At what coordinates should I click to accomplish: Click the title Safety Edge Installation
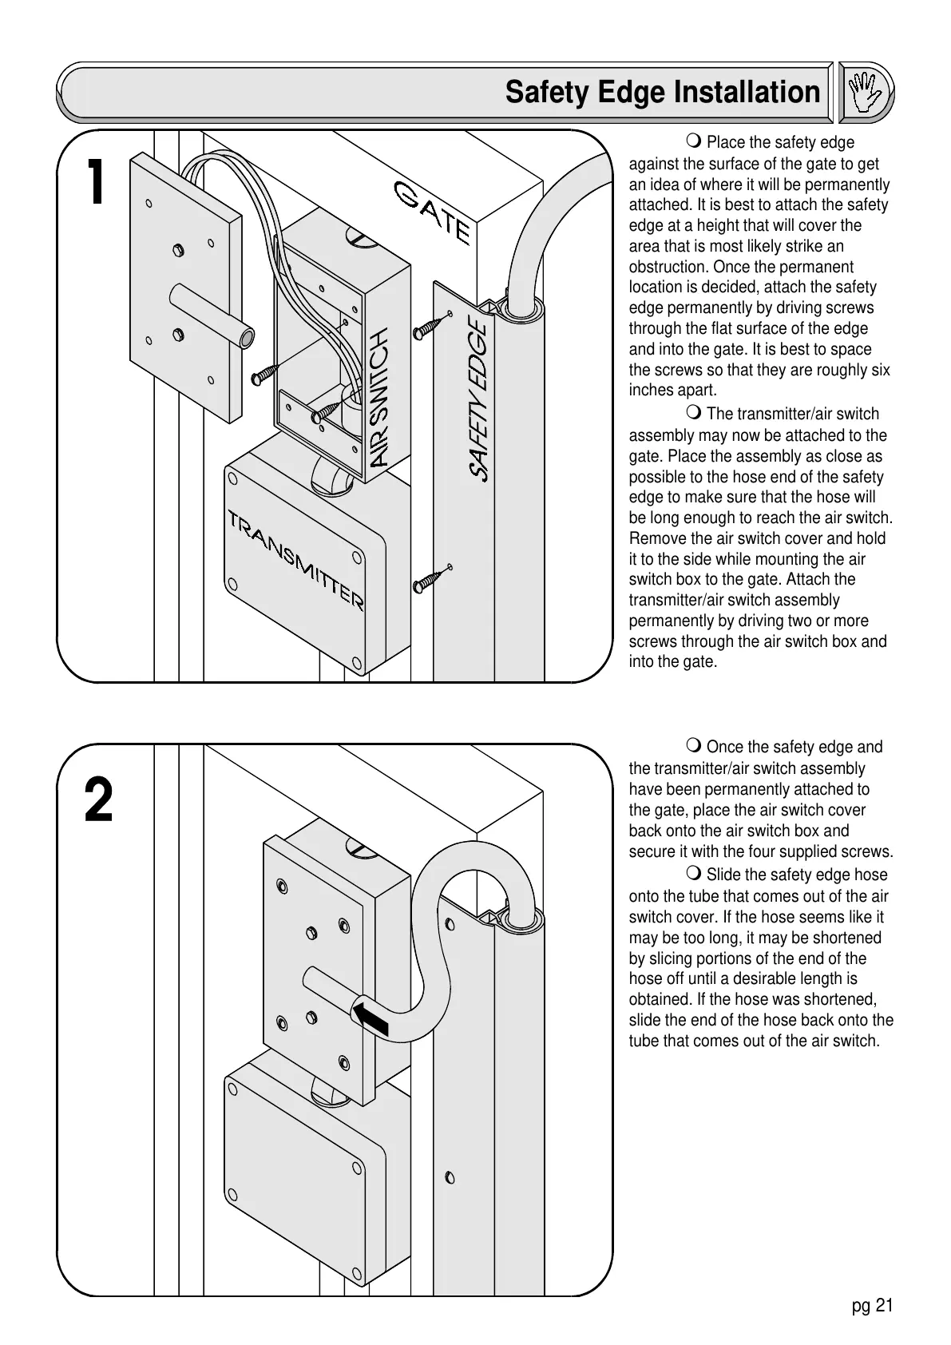tap(662, 92)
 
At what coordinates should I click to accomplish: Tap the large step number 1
tap(96, 182)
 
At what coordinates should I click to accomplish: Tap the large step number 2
tap(98, 801)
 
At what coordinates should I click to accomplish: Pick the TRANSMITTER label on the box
tap(296, 559)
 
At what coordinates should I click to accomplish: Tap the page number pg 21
tap(872, 1305)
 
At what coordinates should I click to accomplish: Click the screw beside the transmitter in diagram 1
tap(432, 579)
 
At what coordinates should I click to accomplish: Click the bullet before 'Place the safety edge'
tap(694, 142)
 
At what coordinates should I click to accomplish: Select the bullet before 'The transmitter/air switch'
tap(694, 414)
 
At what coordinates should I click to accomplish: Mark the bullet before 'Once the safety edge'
tap(694, 747)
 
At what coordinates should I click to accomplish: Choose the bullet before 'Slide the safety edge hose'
tap(694, 875)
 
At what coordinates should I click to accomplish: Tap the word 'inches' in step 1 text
tap(650, 391)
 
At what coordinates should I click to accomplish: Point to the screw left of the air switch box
tap(265, 374)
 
